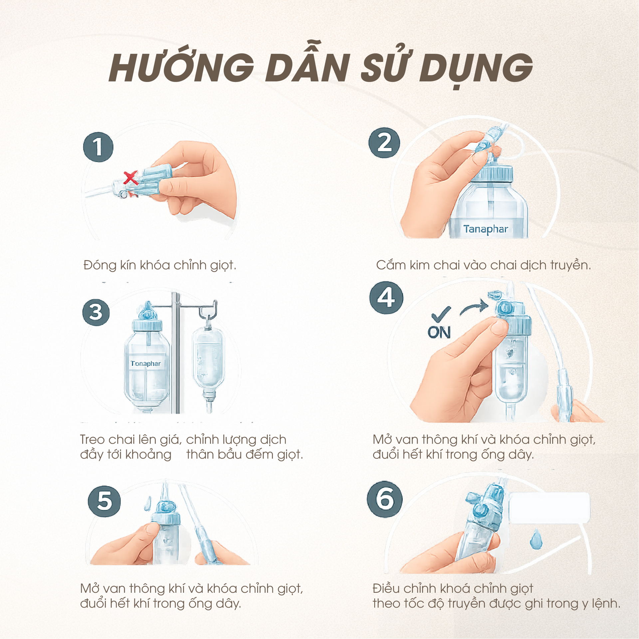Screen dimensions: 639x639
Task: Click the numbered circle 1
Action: pos(98,147)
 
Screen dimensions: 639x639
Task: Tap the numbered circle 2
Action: pos(384,143)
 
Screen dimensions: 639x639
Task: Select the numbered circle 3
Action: pos(96,312)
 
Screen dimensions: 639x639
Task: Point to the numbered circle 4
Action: pos(386,297)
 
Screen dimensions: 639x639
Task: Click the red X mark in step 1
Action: pos(130,178)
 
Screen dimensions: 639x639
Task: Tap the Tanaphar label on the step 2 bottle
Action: pos(486,229)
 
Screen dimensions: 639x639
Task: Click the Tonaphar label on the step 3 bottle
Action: pos(145,363)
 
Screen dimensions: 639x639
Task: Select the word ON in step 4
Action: pos(439,332)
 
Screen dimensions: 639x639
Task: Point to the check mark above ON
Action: pos(441,314)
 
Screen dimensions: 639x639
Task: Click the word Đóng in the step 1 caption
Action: pos(100,265)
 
